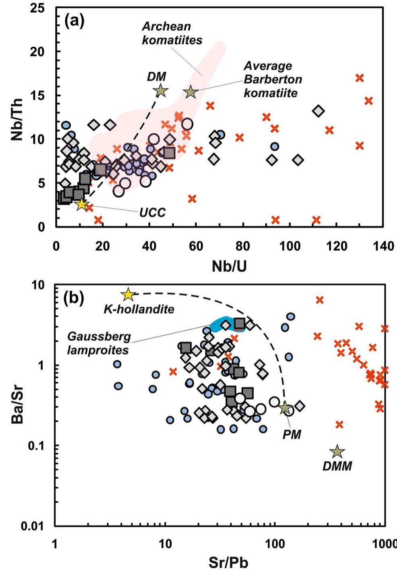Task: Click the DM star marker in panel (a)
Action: (160, 91)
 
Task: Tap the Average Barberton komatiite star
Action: (191, 92)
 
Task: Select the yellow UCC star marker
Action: (82, 204)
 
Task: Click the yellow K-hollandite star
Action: (128, 294)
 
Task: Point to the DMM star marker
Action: (337, 452)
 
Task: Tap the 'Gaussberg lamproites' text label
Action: (98, 343)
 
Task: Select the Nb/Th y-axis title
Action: (17, 119)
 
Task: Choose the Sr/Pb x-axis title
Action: (228, 562)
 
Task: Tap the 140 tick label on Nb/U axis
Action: (383, 246)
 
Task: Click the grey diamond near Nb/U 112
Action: (318, 111)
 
